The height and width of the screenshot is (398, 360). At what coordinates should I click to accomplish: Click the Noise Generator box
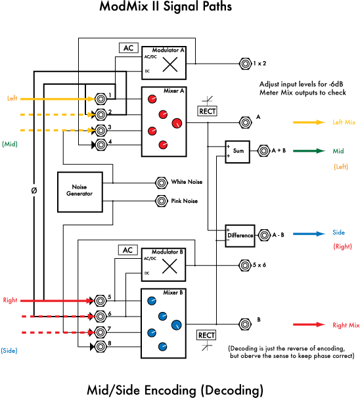[x=80, y=192]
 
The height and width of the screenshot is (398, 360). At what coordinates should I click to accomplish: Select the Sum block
[x=237, y=152]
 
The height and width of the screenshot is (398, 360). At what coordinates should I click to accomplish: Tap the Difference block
[x=240, y=236]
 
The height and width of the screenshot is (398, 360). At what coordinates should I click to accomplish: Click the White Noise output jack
[x=162, y=183]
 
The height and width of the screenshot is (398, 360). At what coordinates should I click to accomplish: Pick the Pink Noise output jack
[x=162, y=201]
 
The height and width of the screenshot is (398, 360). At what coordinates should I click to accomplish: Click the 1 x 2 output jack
[x=245, y=64]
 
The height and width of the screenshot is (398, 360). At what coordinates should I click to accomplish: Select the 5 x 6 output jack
[x=245, y=265]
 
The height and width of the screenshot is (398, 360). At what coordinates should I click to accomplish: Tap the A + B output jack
[x=263, y=151]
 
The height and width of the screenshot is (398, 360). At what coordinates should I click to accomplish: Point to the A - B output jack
[x=264, y=235]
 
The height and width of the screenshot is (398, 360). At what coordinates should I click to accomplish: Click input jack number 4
[x=101, y=145]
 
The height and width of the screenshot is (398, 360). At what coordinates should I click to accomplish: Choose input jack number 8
[x=101, y=347]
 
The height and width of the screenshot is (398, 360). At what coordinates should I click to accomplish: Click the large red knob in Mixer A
[x=177, y=123]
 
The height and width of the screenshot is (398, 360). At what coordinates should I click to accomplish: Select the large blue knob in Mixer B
[x=177, y=325]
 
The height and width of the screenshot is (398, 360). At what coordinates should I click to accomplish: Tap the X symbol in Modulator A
[x=170, y=64]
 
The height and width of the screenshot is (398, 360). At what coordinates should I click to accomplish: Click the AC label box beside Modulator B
[x=128, y=250]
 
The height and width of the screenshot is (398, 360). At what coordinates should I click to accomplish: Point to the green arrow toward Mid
[x=309, y=151]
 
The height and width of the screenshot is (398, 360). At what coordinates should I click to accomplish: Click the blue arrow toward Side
[x=309, y=234]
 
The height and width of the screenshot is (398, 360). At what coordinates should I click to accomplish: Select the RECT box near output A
[x=207, y=111]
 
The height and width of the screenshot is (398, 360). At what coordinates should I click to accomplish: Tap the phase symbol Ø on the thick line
[x=34, y=190]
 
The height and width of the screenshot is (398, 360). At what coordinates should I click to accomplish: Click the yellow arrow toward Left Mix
[x=309, y=122]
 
